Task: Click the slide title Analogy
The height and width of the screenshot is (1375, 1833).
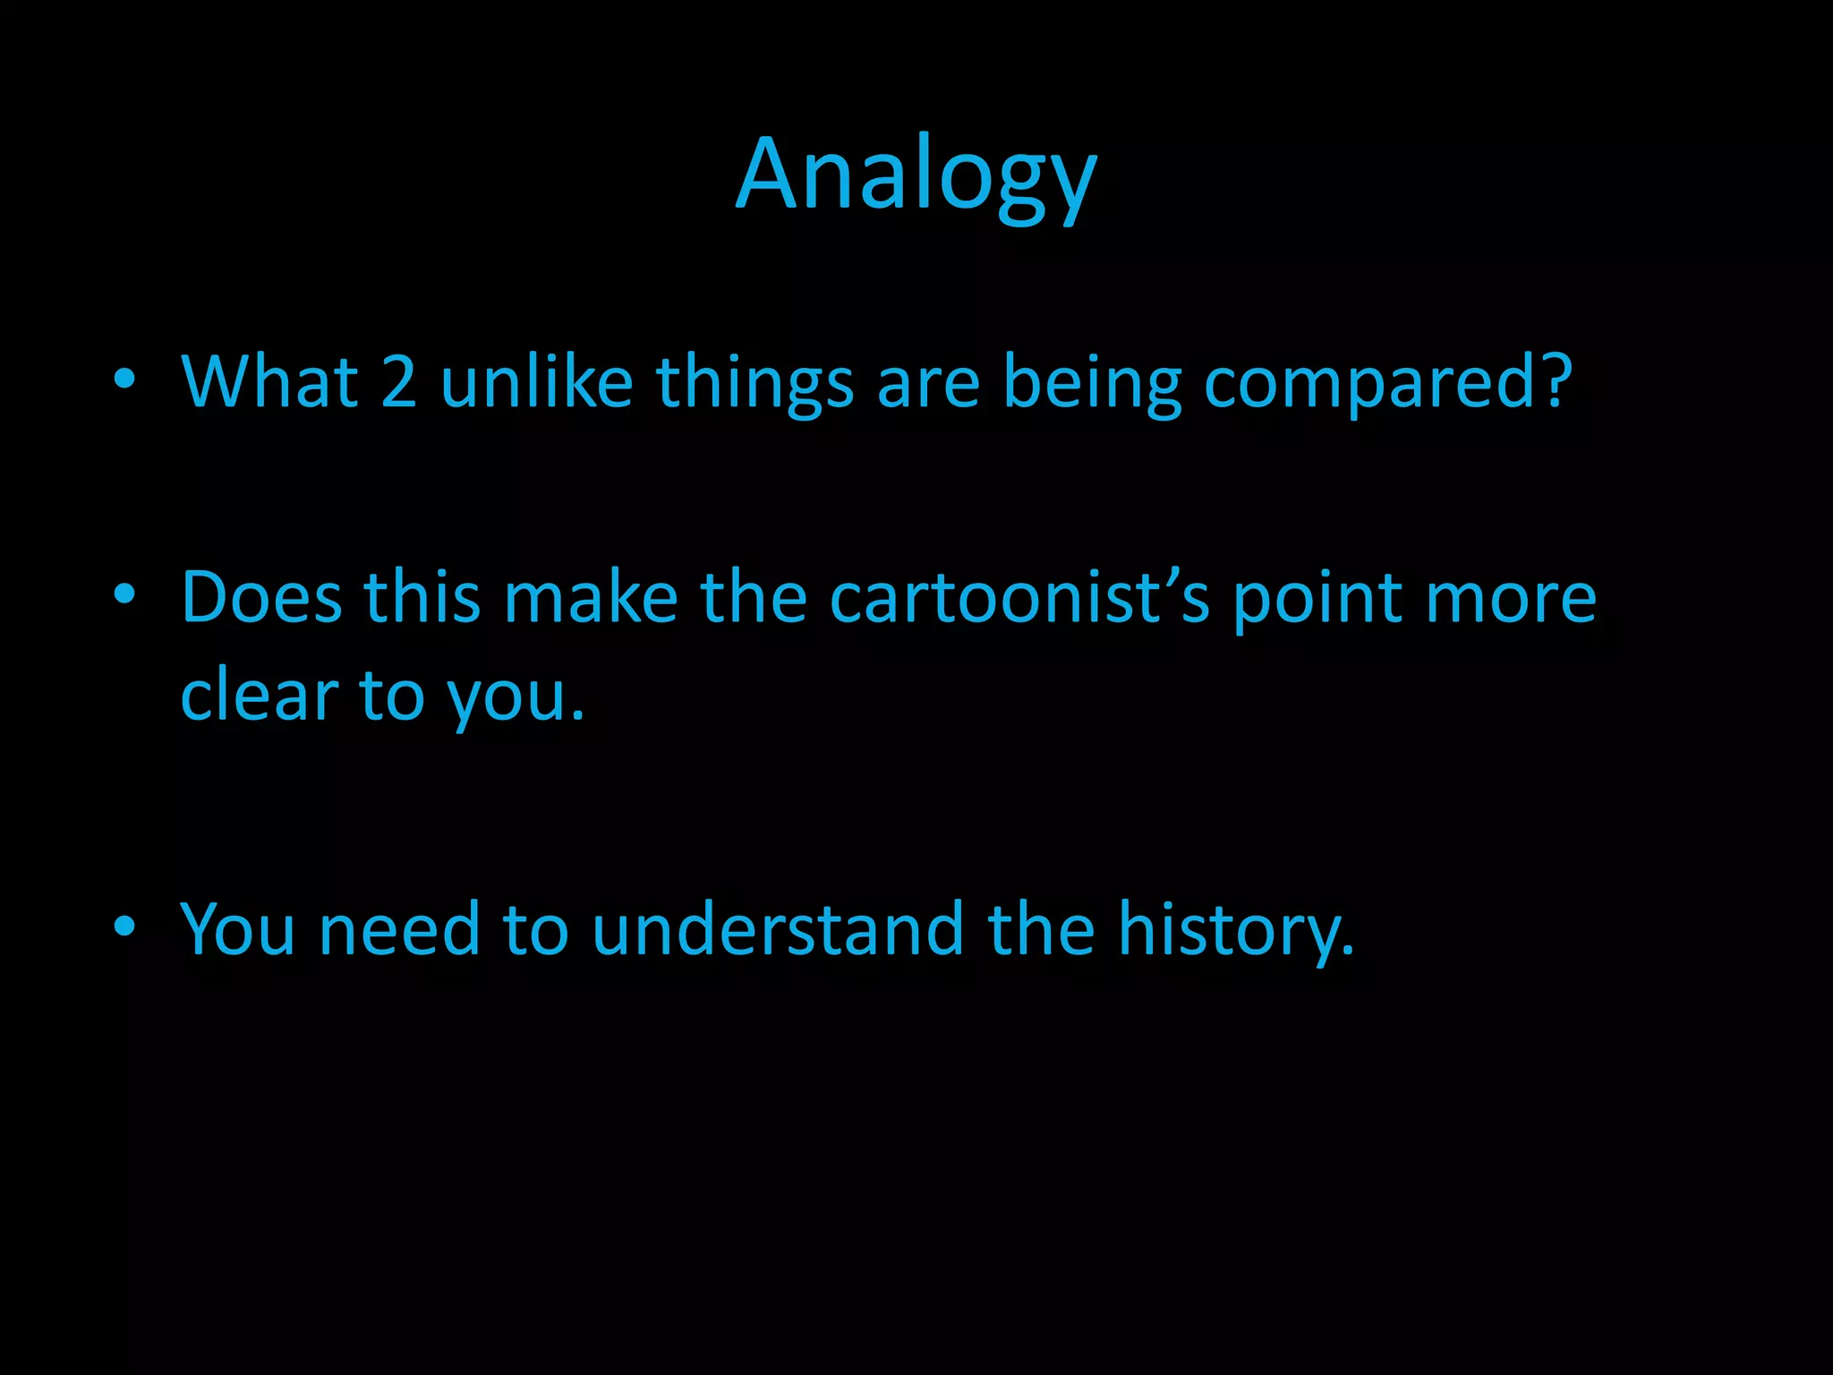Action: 916,176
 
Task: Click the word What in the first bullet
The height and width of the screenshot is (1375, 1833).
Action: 269,382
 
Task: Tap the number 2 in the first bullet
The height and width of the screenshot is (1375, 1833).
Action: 399,382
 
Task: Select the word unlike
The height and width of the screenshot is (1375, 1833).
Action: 537,382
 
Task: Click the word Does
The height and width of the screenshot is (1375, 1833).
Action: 261,598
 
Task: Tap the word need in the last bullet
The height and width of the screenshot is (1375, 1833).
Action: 399,930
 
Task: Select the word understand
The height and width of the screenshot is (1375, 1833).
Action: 778,930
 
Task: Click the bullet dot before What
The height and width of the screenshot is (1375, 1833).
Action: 124,380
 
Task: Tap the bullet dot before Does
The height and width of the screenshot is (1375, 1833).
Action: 124,594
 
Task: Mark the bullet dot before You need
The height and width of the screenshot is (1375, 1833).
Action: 124,927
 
